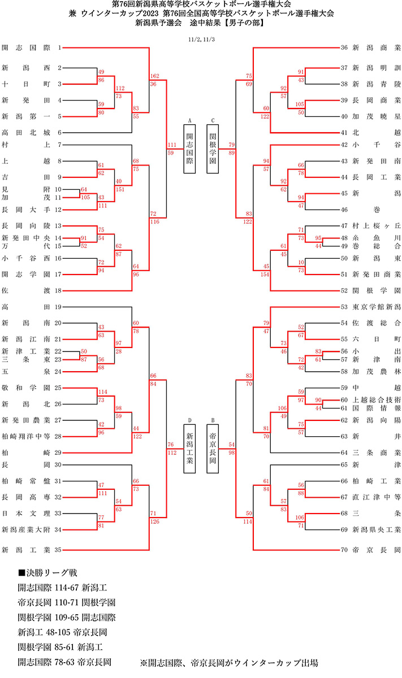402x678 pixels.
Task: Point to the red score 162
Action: click(x=155, y=76)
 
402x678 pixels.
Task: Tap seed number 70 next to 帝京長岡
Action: click(x=344, y=549)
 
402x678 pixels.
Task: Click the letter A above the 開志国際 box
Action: click(x=189, y=120)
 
